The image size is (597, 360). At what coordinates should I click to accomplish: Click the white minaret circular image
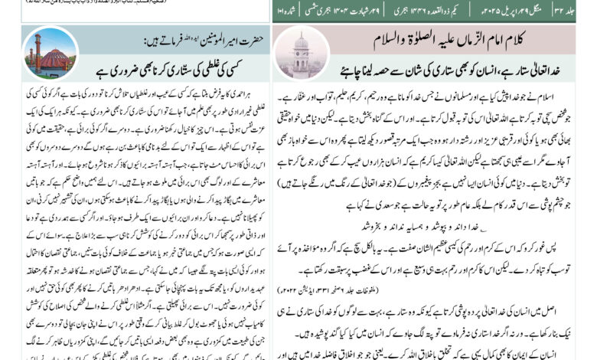pyautogui.click(x=300, y=52)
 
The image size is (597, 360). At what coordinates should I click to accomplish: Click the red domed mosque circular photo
pyautogui.click(x=50, y=53)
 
